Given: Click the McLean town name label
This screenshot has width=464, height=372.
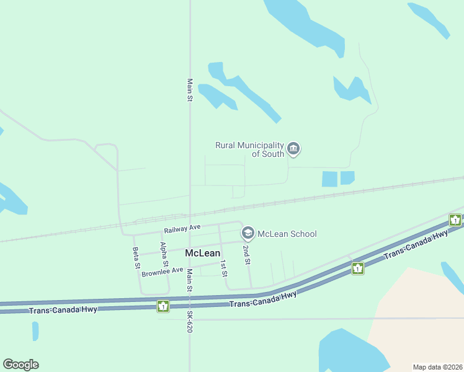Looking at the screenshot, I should (x=202, y=253).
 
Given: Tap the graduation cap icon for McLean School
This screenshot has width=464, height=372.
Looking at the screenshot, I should (x=248, y=233).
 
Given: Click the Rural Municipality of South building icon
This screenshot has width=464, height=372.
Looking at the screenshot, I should (x=294, y=149).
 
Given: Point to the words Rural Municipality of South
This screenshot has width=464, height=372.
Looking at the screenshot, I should (x=249, y=149).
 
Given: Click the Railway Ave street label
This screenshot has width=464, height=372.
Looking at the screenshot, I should (x=178, y=228).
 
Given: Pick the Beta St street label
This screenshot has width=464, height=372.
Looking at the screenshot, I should (x=136, y=258).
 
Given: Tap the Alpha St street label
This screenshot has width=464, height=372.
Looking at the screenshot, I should (x=164, y=254).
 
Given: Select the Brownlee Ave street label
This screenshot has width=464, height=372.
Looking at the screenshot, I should (x=163, y=272).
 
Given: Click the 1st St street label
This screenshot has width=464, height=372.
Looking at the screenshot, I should (x=224, y=268).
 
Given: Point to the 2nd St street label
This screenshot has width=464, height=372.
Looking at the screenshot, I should (x=247, y=255).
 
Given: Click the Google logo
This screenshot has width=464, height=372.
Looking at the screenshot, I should (x=20, y=365).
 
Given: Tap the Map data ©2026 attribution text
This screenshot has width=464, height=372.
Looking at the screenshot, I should (x=437, y=367).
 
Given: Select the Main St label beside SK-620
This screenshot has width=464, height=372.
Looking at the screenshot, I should (x=189, y=281).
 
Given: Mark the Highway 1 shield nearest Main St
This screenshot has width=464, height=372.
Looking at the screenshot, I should (x=163, y=306).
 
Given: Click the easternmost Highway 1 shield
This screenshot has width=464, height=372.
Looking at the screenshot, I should (x=455, y=219).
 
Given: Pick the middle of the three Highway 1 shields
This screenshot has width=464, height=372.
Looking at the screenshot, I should (x=358, y=268).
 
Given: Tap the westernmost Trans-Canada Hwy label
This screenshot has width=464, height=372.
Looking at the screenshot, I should (x=63, y=309).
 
